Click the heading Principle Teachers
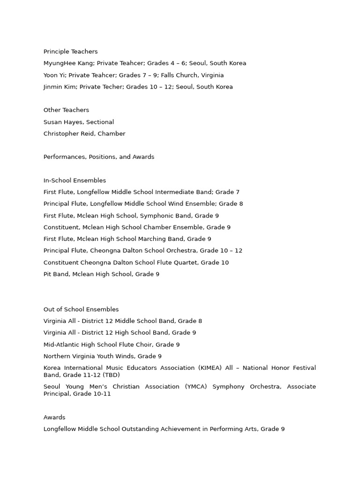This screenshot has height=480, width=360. pyautogui.click(x=70, y=52)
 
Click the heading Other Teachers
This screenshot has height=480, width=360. pyautogui.click(x=66, y=110)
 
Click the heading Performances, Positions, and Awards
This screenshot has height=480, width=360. pyautogui.click(x=99, y=157)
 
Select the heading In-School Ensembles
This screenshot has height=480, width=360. pyautogui.click(x=75, y=180)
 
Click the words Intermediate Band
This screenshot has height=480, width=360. pyautogui.click(x=183, y=192)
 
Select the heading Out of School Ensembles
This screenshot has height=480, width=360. pyautogui.click(x=81, y=309)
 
